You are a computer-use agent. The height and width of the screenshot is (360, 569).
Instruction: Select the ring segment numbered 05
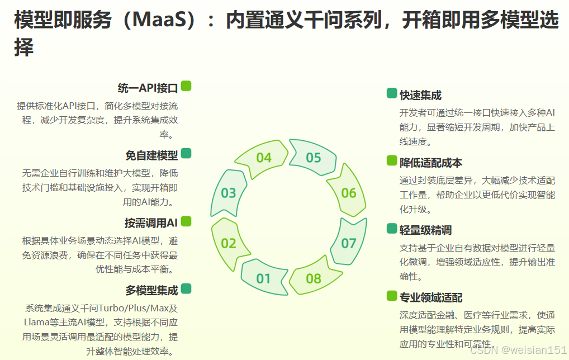[x=314, y=158]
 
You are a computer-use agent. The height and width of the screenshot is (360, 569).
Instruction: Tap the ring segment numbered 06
[x=348, y=193]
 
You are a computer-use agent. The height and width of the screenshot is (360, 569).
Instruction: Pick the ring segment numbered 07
[x=348, y=243]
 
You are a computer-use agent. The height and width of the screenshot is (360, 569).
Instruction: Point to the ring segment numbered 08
[x=314, y=278]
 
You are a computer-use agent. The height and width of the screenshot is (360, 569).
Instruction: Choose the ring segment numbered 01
[x=263, y=278]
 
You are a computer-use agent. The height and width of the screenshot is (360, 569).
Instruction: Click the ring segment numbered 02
[x=229, y=243]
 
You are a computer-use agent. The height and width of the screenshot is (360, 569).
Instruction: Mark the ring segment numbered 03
[x=229, y=193]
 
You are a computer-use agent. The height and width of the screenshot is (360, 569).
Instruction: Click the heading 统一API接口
[x=148, y=88]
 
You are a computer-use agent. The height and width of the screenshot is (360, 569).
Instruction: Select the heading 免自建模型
[x=151, y=155]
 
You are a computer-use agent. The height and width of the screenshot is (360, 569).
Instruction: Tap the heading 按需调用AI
[x=151, y=223]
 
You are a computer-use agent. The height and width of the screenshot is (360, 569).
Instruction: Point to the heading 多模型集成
[x=151, y=290]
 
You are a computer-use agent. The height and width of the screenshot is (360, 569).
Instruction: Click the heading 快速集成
[x=420, y=95]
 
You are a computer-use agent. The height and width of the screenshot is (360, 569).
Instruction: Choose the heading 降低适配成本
[x=431, y=163]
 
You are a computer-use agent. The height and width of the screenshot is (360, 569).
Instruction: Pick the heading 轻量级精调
[x=425, y=230]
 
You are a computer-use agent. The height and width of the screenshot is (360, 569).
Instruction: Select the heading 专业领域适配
[x=431, y=297]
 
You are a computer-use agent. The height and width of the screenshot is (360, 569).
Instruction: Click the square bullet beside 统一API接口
[x=186, y=86]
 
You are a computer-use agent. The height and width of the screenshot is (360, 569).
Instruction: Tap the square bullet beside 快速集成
[x=391, y=93]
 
